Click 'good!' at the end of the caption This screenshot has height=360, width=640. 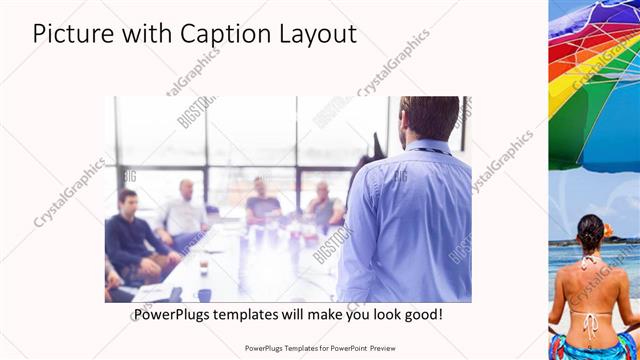420,314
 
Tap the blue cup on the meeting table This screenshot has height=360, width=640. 205,294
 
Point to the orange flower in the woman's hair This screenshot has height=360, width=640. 606,230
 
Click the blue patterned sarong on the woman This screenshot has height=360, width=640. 595,346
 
